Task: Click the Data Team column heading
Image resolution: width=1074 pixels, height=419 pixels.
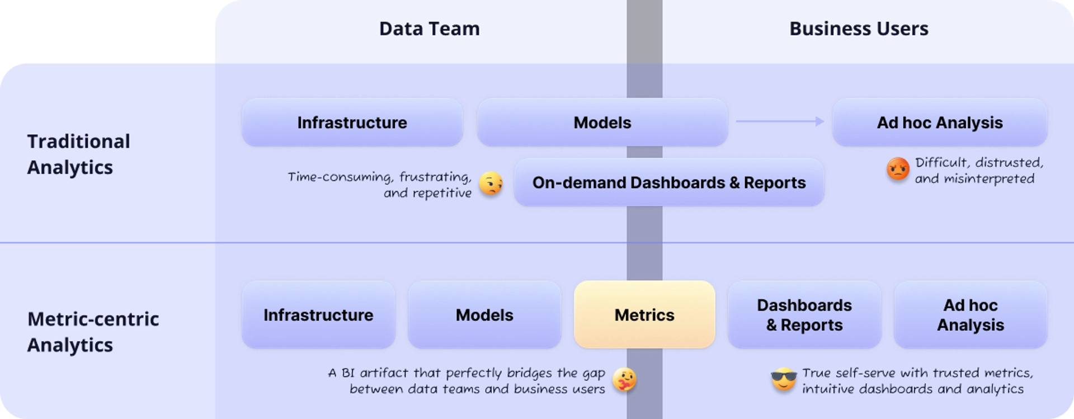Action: (429, 29)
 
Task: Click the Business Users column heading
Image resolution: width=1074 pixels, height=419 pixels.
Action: (859, 29)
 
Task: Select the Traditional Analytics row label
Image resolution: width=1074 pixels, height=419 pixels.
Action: (78, 154)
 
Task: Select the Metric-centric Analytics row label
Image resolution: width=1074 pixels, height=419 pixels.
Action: (93, 332)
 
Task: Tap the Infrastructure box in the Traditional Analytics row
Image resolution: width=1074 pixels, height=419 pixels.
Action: (352, 123)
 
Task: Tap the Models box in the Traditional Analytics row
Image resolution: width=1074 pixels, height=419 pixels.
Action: (602, 123)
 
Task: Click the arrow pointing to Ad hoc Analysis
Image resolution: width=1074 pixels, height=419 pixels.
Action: (780, 121)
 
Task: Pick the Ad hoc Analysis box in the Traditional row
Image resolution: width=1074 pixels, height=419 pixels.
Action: (939, 123)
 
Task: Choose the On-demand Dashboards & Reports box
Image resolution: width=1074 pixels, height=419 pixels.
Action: (668, 182)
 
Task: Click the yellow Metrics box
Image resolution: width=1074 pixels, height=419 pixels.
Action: (644, 315)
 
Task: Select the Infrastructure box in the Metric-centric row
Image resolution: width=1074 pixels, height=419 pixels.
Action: (318, 315)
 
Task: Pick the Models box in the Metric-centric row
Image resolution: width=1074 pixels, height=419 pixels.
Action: (484, 315)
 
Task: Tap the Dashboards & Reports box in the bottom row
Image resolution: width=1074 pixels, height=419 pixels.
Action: (804, 315)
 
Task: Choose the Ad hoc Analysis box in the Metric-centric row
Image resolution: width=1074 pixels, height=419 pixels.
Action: (970, 315)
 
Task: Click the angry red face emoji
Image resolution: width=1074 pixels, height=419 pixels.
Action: (898, 170)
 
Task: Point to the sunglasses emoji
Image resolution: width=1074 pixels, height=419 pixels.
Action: (784, 380)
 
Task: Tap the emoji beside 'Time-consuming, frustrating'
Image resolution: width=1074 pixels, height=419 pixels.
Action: (491, 183)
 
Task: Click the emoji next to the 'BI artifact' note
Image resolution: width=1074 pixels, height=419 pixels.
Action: (624, 380)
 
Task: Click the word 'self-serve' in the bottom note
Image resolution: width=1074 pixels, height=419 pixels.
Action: (863, 373)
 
